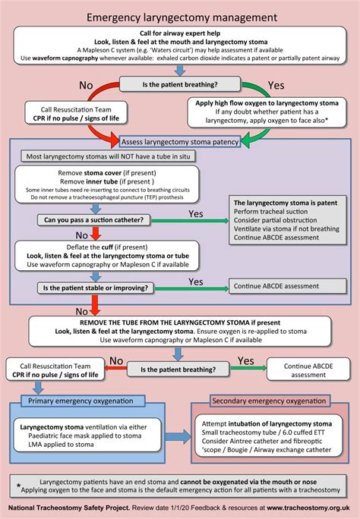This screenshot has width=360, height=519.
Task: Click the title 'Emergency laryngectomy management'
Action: [x=180, y=16]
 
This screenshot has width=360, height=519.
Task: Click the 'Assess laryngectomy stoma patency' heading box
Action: [x=179, y=141]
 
